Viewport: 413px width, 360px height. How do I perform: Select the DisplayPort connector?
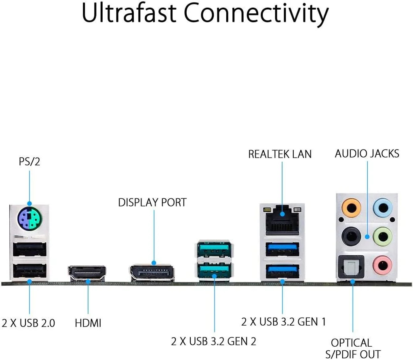coord(152,273)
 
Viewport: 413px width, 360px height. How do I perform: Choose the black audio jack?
coord(350,235)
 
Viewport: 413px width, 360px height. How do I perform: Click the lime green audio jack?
coord(382,235)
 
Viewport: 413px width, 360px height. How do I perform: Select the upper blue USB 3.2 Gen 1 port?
coord(282,249)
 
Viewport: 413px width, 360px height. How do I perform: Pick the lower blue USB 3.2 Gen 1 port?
coord(282,270)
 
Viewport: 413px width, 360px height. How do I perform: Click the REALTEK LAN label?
coord(280,154)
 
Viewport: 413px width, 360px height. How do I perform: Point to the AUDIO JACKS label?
coord(367,154)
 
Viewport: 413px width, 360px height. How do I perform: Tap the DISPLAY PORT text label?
coord(152,202)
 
